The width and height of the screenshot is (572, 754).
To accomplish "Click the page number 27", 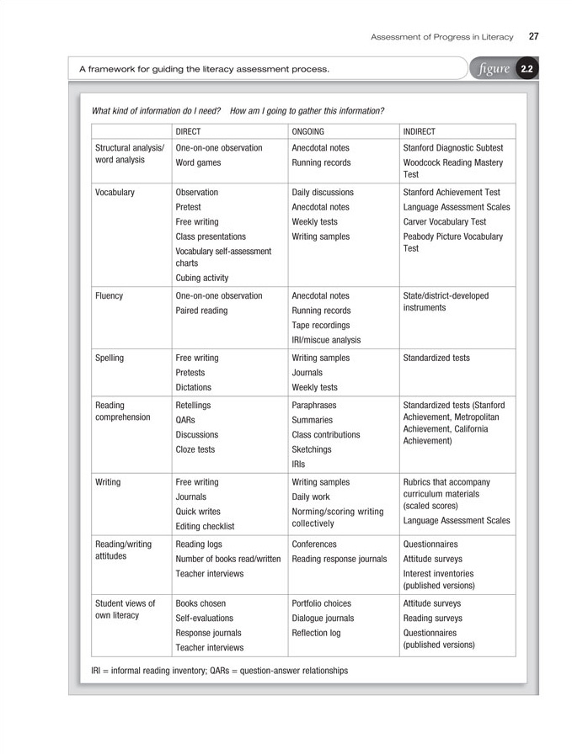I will point(533,36).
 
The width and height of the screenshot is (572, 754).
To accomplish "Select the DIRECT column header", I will point(188,131).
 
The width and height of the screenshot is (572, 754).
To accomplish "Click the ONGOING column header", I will point(307,131).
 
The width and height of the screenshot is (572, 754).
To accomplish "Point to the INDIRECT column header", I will point(420,131).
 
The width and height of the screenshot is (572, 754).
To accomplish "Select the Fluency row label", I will point(110,296).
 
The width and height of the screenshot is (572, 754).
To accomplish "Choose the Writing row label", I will point(108,482).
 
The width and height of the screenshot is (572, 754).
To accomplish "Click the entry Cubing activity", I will point(201,278).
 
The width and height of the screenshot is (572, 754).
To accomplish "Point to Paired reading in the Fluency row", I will point(203,311).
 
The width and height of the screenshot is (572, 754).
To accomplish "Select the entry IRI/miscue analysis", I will point(326,340).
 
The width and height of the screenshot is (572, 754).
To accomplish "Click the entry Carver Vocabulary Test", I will point(444,222).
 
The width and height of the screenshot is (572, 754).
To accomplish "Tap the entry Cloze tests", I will point(195,449).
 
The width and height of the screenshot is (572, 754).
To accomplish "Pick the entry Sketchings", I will point(312,449).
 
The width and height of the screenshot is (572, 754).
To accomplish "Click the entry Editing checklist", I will point(205,526).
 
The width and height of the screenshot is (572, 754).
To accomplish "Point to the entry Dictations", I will point(193,387).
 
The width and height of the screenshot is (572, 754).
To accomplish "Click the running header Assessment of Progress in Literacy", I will point(444,36).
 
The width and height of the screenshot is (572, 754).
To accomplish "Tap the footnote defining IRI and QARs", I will point(219,671).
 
